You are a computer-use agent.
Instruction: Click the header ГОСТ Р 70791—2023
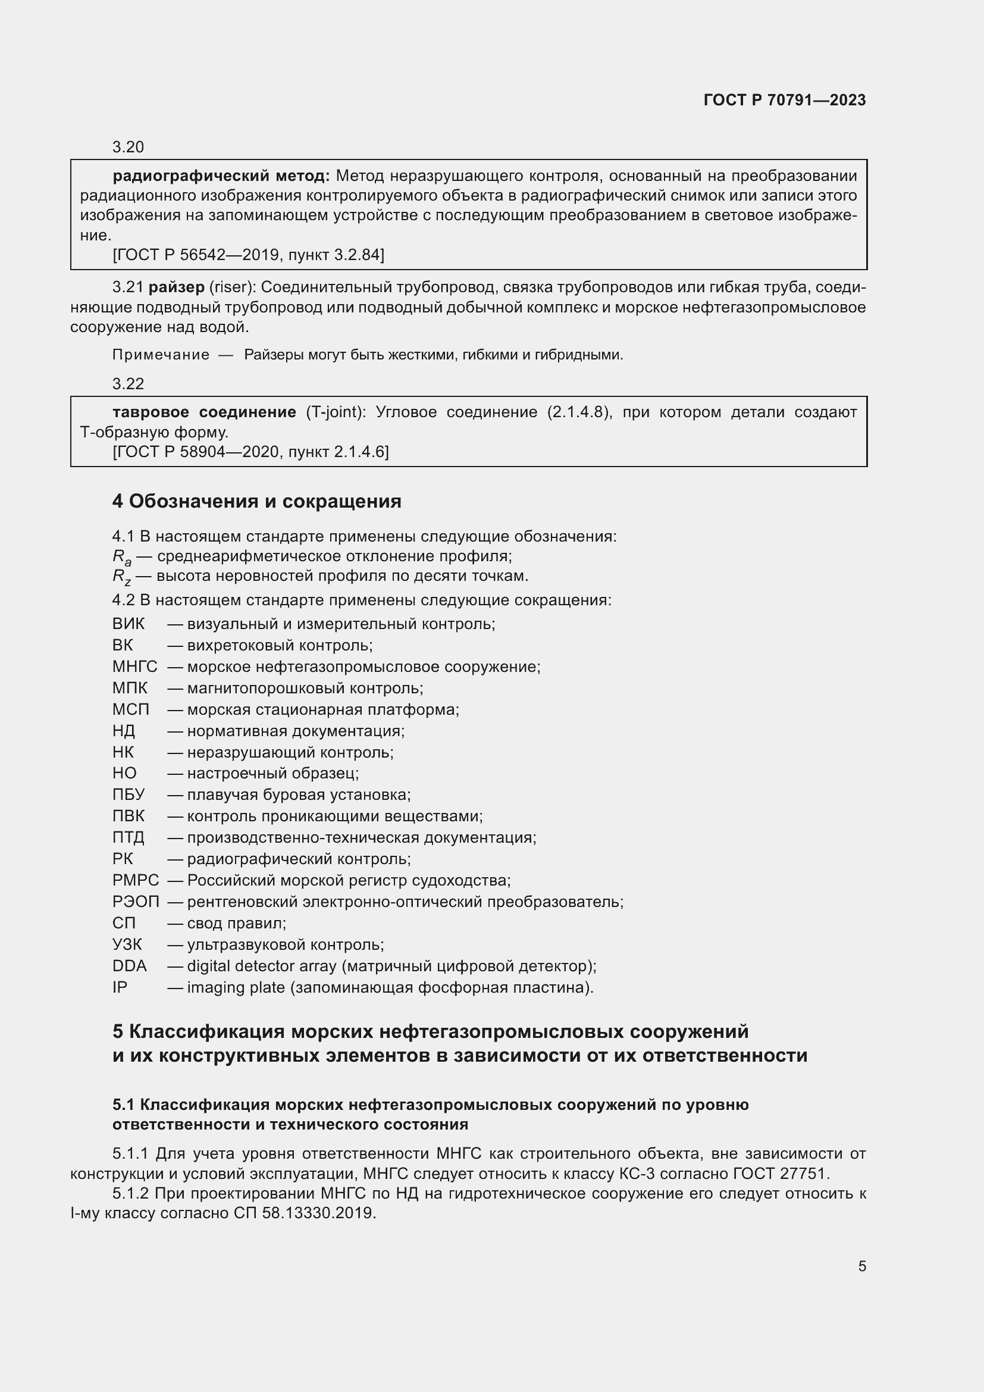[x=784, y=100]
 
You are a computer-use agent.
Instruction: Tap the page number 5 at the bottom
[x=861, y=1266]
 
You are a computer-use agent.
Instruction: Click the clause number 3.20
[x=128, y=147]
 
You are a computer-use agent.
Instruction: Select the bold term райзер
[x=176, y=287]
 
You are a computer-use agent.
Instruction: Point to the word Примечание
[x=161, y=355]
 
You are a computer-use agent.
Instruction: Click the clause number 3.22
[x=128, y=383]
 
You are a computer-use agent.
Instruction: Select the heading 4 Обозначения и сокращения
[x=256, y=501]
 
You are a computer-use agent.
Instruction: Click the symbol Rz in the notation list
[x=121, y=577]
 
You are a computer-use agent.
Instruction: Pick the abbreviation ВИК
[x=129, y=624]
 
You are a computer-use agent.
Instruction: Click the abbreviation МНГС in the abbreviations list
[x=134, y=667]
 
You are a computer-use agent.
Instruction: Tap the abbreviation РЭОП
[x=136, y=902]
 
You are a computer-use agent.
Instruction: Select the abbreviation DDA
[x=129, y=966]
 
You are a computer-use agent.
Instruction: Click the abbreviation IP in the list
[x=120, y=987]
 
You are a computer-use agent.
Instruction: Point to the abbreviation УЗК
[x=127, y=944]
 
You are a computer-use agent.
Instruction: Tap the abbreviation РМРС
[x=135, y=880]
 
